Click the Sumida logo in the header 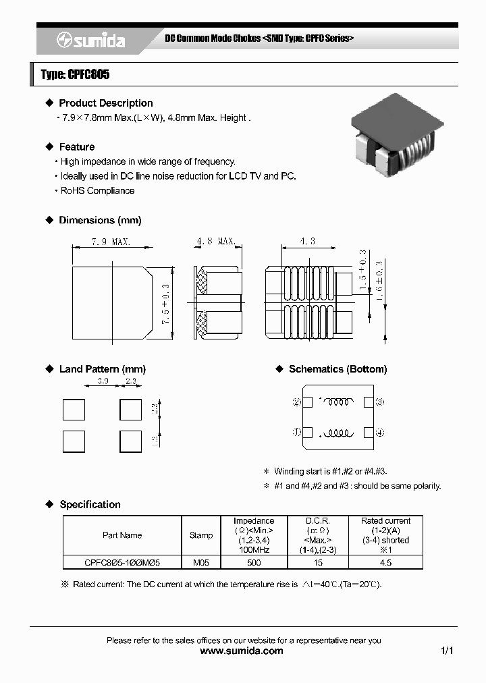tap(90, 40)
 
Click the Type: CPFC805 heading tap(75, 75)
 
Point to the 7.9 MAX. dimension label tap(111, 242)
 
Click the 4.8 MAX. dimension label tap(216, 242)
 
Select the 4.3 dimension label tap(308, 242)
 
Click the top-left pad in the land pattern tap(74, 410)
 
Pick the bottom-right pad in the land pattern tap(130, 441)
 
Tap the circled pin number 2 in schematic tap(296, 402)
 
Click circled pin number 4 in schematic tap(380, 432)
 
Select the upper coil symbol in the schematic tap(335, 402)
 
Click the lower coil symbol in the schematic tap(335, 433)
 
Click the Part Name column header tap(122, 535)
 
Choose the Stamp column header tap(201, 535)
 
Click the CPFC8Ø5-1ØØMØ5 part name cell tap(122, 562)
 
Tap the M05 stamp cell tap(201, 562)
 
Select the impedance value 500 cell tap(254, 562)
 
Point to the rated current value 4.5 tap(385, 562)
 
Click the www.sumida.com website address tap(242, 651)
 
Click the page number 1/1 tap(446, 651)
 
